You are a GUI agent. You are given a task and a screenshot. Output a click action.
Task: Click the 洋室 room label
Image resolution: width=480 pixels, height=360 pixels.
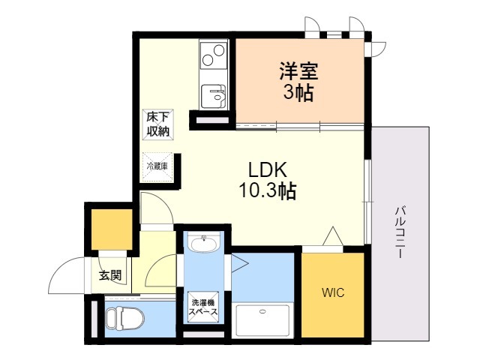click(x=299, y=72)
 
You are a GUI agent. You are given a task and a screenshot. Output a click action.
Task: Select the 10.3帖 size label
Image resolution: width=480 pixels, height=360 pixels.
click(x=267, y=191)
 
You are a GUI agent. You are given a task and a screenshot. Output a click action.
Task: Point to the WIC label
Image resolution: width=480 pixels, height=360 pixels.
click(x=334, y=292)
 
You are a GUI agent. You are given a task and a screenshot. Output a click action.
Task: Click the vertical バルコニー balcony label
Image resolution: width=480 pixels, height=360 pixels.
click(x=402, y=232)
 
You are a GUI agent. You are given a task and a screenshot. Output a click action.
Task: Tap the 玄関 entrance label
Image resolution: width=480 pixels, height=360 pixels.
click(x=110, y=275)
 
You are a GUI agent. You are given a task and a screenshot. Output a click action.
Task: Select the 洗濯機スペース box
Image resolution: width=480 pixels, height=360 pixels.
click(x=202, y=306)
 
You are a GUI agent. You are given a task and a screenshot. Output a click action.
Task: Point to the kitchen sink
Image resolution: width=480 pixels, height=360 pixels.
click(x=215, y=95)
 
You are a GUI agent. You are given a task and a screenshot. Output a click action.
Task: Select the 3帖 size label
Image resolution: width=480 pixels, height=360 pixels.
click(x=299, y=94)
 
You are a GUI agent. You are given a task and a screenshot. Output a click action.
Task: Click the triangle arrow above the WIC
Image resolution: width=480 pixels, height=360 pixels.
click(x=332, y=237)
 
